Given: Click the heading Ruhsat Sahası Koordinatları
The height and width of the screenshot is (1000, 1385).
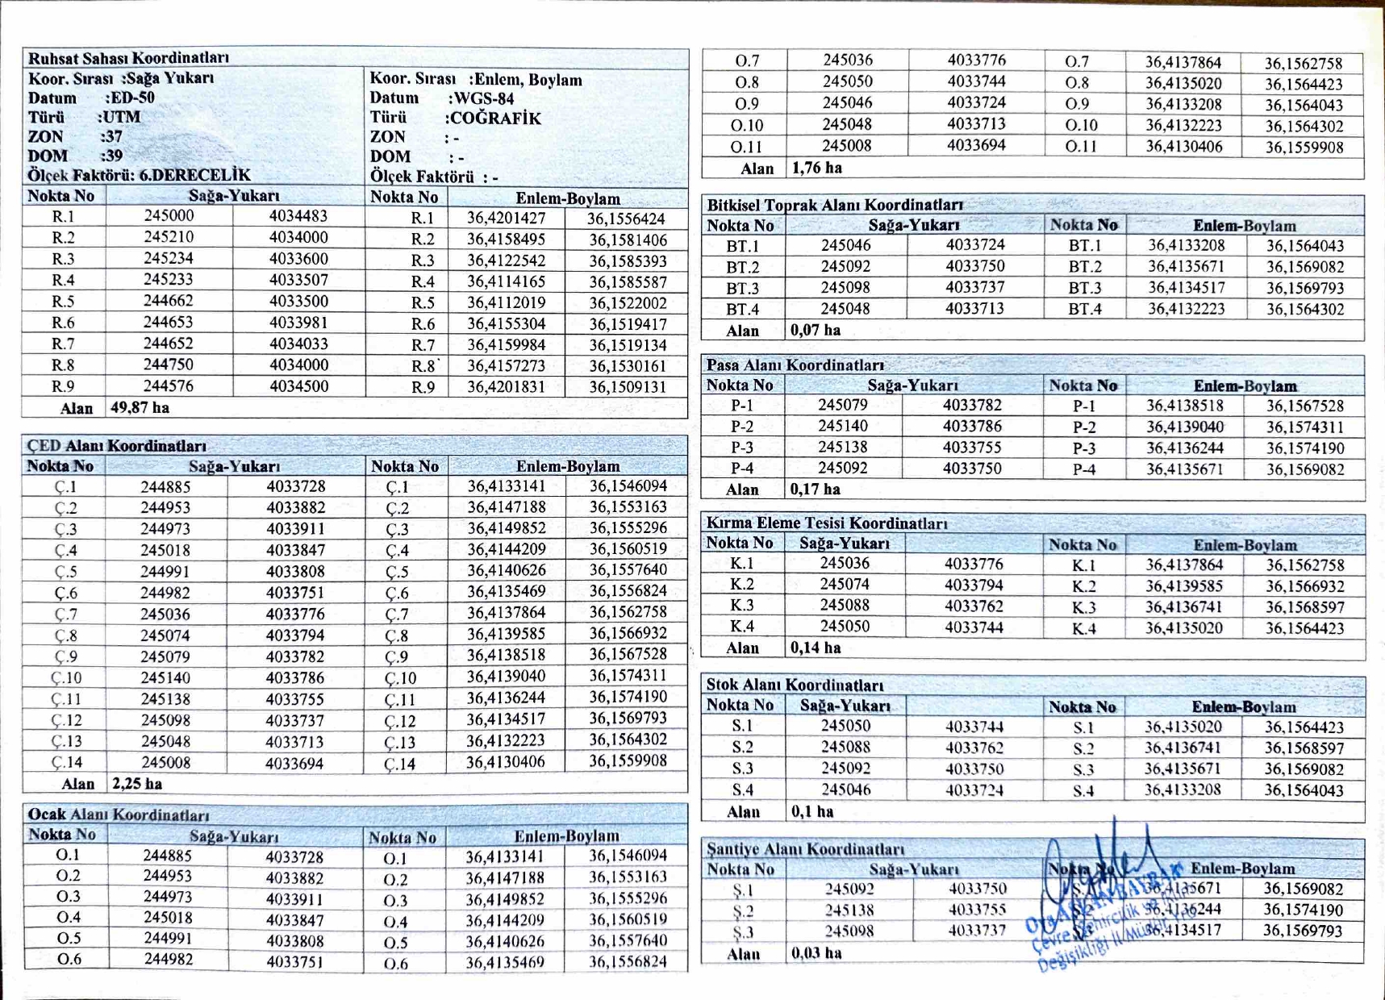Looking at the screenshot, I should click(128, 58).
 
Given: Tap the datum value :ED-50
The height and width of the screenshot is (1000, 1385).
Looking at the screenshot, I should click(129, 98).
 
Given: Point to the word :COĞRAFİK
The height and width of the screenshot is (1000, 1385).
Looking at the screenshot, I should click(493, 119).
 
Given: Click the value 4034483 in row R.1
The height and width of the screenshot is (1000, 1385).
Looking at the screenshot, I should click(298, 216).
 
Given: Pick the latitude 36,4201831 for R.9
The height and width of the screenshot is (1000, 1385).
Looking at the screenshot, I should click(506, 387).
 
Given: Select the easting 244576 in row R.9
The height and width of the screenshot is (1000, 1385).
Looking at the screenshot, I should click(169, 386).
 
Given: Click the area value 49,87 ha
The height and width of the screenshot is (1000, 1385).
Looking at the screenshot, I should click(140, 408).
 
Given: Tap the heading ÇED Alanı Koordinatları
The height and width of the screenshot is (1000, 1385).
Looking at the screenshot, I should click(117, 446).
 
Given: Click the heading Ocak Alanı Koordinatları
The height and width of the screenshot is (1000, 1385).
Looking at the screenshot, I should click(119, 815).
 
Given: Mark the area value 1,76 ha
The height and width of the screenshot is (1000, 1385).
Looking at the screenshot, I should click(817, 169).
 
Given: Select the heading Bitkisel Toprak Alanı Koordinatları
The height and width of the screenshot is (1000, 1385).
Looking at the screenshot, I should click(835, 205).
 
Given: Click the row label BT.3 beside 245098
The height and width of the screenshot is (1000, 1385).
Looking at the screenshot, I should click(743, 288).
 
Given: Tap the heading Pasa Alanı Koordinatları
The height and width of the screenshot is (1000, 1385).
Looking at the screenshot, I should click(795, 365).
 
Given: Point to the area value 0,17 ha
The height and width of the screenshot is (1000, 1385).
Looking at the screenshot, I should click(816, 490).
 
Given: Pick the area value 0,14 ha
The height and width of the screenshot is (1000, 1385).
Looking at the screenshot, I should click(816, 648).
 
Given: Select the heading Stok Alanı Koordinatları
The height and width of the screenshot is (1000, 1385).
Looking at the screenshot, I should click(795, 685).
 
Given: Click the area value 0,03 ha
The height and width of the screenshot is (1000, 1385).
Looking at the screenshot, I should click(816, 953).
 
